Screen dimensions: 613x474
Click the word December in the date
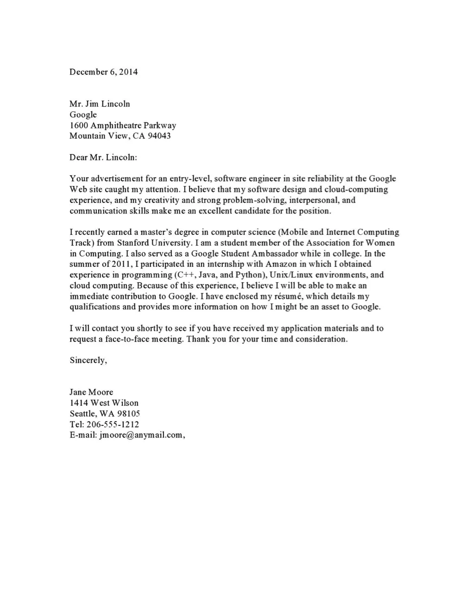point(88,72)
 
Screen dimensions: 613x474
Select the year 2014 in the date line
point(128,72)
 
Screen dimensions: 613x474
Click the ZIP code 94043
point(159,136)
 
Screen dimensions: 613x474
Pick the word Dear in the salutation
point(78,157)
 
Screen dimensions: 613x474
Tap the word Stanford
point(133,243)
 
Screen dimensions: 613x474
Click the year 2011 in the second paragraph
point(122,264)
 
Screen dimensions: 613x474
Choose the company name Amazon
point(281,264)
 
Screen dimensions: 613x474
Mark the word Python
point(249,275)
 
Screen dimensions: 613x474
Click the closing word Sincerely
point(88,360)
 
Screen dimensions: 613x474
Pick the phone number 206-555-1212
point(113,424)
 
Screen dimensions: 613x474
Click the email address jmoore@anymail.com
point(141,435)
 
